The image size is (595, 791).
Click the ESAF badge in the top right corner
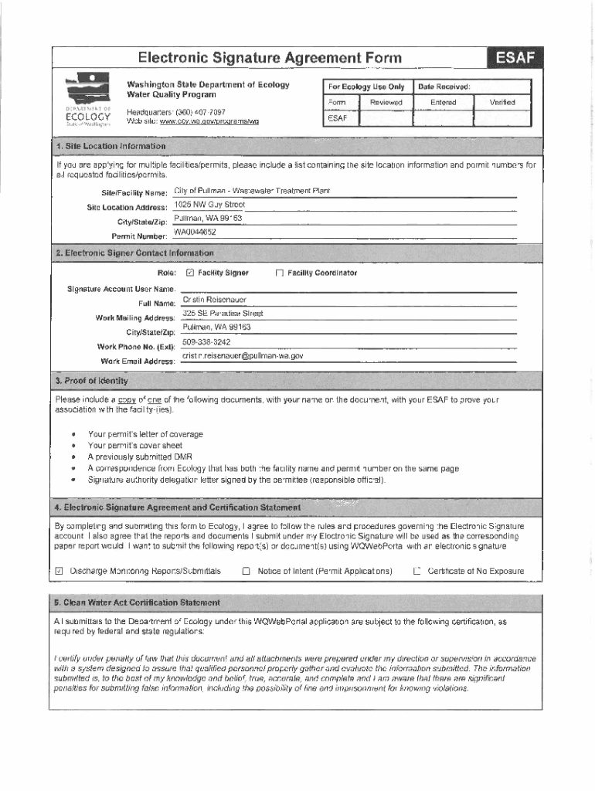click(x=515, y=57)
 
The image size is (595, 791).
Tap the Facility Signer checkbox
click(x=191, y=273)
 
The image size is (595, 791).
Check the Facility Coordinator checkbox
click(x=280, y=273)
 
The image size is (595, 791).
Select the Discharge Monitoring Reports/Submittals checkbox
click(x=59, y=572)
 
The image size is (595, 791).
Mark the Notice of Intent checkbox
click(x=246, y=572)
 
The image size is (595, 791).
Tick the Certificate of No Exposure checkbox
click(x=416, y=572)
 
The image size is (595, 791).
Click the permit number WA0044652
click(x=195, y=232)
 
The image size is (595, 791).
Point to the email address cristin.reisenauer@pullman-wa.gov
click(x=243, y=356)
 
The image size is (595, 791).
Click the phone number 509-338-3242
click(x=206, y=341)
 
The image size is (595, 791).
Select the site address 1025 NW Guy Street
click(x=209, y=205)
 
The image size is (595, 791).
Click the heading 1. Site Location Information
click(x=110, y=146)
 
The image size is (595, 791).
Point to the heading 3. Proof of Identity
click(x=91, y=381)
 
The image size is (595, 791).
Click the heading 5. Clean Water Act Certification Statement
click(x=137, y=602)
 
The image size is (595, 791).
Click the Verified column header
click(x=501, y=102)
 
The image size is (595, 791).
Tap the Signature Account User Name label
click(x=117, y=289)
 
